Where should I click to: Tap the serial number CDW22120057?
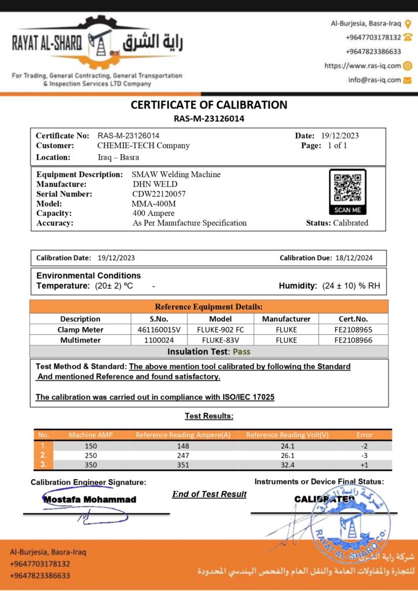[x=159, y=194]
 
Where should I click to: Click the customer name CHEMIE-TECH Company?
[x=143, y=145]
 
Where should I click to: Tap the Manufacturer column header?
[x=286, y=319]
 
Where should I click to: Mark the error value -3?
[x=364, y=455]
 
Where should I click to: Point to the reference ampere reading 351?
[x=182, y=465]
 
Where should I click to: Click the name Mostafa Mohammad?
[x=89, y=499]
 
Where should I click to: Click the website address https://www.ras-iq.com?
[x=362, y=66]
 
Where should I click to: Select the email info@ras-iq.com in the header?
[x=374, y=80]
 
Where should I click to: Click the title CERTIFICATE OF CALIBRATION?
[x=209, y=105]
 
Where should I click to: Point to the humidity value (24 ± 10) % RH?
[x=351, y=286]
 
